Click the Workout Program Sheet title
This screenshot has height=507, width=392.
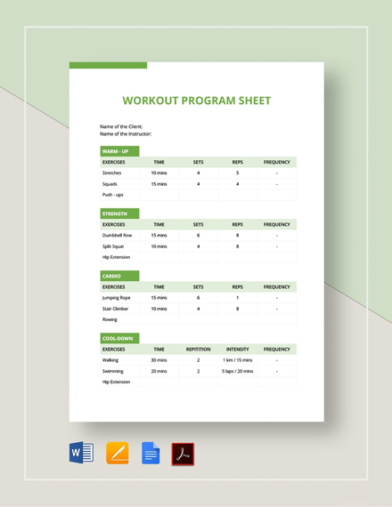196,101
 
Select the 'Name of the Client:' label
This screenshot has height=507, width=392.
121,126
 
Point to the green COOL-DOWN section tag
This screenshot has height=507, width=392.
119,339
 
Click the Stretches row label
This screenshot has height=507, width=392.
112,173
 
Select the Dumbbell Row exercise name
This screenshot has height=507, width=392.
117,235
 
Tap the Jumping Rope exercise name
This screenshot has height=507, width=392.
116,298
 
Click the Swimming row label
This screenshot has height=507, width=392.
113,371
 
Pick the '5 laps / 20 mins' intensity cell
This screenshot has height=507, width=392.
237,371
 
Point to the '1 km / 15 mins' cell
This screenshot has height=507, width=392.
237,360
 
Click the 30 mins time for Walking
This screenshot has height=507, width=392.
159,360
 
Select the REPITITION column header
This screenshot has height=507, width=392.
198,350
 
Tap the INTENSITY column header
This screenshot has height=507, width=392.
237,350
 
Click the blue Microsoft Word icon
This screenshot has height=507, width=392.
81,453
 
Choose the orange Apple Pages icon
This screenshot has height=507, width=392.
117,453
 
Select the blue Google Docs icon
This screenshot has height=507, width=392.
151,453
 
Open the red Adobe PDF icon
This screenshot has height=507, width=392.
183,454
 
